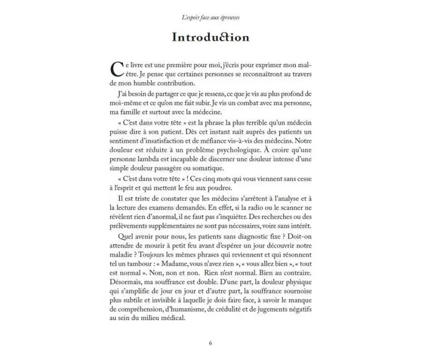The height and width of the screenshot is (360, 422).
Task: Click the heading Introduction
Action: point(210,38)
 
